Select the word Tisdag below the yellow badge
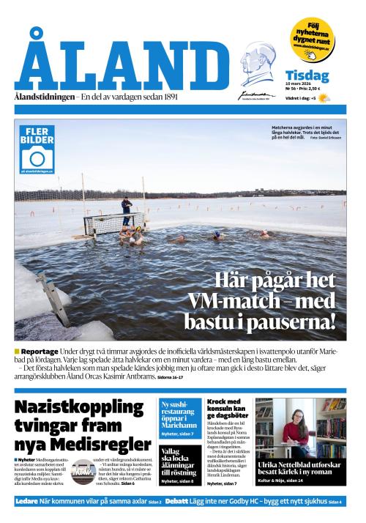(x=307, y=76)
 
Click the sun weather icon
(x=323, y=98)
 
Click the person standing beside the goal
(x=127, y=211)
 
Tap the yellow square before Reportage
(x=17, y=352)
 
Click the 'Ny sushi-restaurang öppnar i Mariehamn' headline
(x=179, y=415)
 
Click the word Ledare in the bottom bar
(x=27, y=501)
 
